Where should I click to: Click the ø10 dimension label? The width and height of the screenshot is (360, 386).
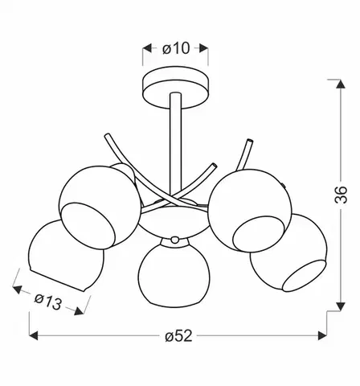click(176, 48)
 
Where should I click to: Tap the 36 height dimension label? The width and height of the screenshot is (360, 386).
click(341, 195)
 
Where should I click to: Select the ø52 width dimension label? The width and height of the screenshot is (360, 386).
click(178, 335)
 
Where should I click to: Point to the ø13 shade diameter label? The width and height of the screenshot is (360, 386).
click(48, 302)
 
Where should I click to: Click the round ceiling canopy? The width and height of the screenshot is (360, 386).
click(176, 88)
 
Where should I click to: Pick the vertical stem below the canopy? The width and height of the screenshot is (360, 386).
click(175, 147)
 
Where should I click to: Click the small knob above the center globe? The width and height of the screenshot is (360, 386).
click(175, 240)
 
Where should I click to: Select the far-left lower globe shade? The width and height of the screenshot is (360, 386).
click(66, 256)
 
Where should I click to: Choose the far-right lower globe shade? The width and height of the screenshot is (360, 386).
click(289, 253)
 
